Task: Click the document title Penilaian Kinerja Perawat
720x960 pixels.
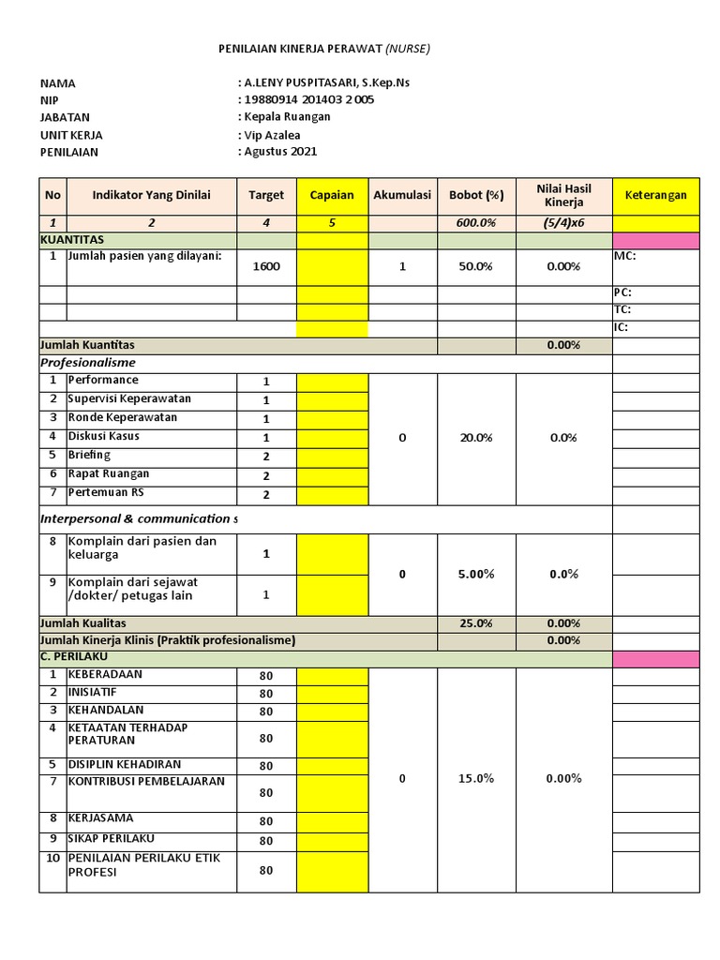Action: tap(324, 48)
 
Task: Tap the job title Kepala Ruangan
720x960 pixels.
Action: tap(287, 116)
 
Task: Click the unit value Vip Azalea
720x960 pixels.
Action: tap(273, 134)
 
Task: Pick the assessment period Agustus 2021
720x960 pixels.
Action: tap(281, 151)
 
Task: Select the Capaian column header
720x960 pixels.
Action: tap(332, 195)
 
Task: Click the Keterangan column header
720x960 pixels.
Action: tap(655, 195)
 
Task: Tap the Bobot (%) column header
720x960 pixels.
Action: tap(476, 195)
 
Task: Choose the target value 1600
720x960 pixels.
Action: tap(266, 266)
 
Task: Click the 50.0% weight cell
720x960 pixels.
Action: tap(476, 266)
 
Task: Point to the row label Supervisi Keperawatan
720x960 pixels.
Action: tap(129, 398)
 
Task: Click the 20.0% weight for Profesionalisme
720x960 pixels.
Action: tap(476, 438)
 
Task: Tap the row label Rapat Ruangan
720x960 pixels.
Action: tap(109, 473)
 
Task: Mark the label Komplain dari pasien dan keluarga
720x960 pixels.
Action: tap(142, 547)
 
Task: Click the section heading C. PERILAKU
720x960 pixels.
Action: tap(76, 656)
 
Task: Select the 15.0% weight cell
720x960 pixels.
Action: tap(476, 778)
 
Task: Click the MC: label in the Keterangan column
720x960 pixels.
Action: tap(625, 256)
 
